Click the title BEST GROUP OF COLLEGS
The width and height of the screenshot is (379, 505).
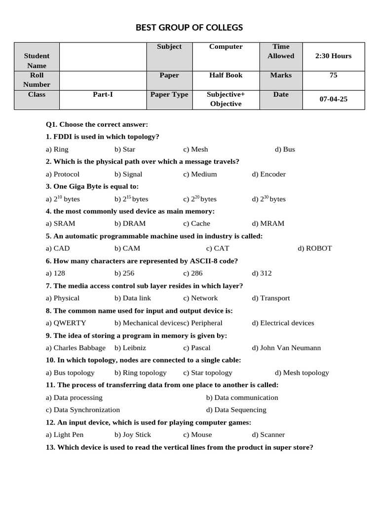189,28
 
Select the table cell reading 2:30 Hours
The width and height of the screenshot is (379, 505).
333,56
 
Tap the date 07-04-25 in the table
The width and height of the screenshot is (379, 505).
333,99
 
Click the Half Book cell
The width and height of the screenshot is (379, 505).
226,75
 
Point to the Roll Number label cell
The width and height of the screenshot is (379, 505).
37,80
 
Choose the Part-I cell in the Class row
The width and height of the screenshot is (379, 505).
103,95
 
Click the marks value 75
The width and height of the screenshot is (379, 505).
333,75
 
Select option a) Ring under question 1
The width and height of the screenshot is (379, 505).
57,149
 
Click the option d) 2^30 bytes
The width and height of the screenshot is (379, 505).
268,199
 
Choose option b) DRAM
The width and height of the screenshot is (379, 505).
130,223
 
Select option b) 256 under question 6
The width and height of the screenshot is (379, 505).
124,273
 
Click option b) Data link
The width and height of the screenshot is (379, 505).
133,298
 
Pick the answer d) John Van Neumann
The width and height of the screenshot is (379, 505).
286,348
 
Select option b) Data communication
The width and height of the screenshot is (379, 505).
242,397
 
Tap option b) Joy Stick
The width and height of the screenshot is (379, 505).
133,434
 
